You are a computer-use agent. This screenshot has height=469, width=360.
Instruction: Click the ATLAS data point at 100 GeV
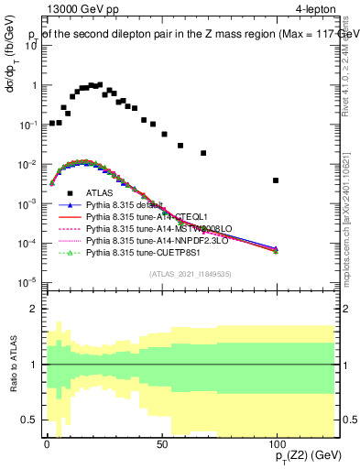pyautogui.click(x=276, y=180)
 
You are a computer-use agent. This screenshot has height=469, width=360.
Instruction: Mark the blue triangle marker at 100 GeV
pyautogui.click(x=276, y=248)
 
